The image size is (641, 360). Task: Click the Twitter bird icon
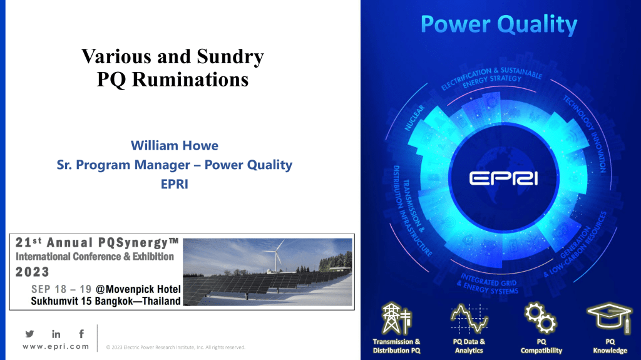29,334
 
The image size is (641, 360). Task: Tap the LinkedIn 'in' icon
56,334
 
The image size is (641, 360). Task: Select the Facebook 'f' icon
81,334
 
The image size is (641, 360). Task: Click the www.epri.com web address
56,346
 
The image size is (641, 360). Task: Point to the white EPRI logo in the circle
503,178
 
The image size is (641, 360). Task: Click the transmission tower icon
396,319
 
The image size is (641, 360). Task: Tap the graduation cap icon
610,317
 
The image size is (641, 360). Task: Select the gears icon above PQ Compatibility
540,317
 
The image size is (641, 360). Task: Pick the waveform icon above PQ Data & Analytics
469,318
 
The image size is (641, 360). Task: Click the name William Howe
175,146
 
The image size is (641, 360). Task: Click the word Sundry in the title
230,56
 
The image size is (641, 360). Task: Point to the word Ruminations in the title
190,80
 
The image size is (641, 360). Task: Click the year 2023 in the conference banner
33,272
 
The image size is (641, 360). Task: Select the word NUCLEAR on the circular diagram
414,118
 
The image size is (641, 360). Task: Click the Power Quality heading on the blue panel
499,24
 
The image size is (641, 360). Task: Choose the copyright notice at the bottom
175,347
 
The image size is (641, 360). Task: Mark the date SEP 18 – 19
61,289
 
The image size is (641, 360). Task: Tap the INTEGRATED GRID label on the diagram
489,281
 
